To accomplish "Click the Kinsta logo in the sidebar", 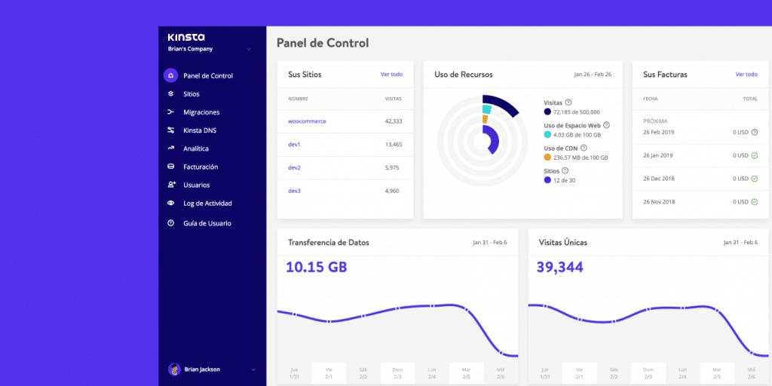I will (185, 37).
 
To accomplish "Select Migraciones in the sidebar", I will (201, 112).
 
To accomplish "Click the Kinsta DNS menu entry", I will (200, 130).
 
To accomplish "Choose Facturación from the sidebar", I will (201, 167).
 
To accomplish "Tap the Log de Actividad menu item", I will (207, 204).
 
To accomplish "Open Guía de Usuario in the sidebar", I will (207, 223).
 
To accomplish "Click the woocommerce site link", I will (307, 121).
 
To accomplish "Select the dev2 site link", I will (294, 167).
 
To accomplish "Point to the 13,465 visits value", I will (393, 144).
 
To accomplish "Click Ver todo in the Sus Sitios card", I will (391, 75).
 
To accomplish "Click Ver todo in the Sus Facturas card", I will (746, 75).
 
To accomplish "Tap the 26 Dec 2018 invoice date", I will (658, 179).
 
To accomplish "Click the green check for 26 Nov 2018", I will (754, 202).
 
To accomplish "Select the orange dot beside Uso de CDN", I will (547, 158).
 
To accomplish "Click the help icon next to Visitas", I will (568, 103).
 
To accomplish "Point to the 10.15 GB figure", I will (317, 267).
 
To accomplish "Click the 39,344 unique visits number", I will (559, 267).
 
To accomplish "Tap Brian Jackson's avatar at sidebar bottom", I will (173, 369).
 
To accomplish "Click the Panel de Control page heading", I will (323, 43).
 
